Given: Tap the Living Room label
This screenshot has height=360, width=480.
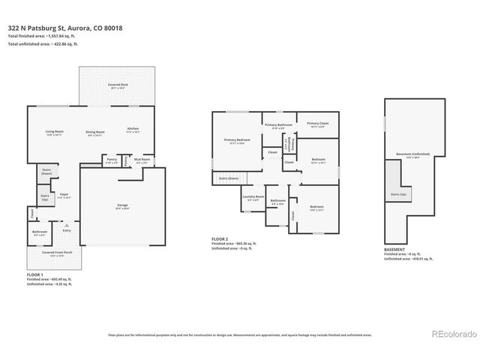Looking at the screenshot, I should click(54, 133).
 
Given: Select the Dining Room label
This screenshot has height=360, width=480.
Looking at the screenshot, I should click(94, 133).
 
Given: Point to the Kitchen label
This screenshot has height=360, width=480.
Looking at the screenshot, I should click(133, 129).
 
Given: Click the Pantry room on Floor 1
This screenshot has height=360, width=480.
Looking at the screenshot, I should click(111, 160).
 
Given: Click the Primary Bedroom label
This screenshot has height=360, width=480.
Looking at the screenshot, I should click(235, 140).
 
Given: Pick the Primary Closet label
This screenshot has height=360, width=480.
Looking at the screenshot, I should click(319, 124).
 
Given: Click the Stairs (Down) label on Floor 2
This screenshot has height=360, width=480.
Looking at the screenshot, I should click(229, 178).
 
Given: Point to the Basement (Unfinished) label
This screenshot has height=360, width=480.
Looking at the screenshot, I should click(409, 155).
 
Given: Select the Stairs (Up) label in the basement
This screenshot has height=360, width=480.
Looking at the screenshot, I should click(398, 193).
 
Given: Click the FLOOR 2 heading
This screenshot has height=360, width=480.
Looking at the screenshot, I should click(222, 239).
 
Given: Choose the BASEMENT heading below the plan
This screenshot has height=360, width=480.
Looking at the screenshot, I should click(394, 250).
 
